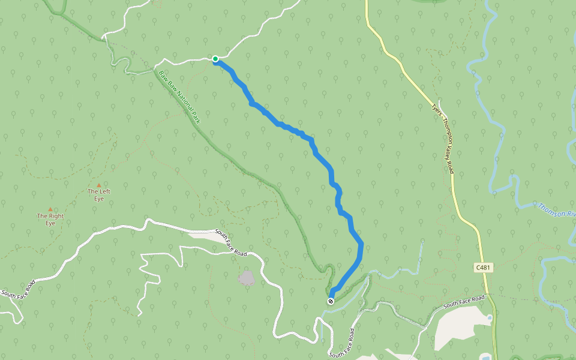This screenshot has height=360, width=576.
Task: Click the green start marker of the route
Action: click(215, 59)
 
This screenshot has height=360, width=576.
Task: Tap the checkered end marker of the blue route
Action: click(331, 301)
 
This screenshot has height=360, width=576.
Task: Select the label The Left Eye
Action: click(99, 195)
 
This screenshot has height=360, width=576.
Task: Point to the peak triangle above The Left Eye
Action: click(99, 185)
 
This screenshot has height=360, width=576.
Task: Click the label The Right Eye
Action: click(50, 219)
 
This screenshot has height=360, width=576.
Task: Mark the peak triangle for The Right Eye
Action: click(50, 209)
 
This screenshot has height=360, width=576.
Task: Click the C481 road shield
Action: click(483, 268)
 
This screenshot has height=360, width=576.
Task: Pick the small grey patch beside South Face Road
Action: click(246, 277)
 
